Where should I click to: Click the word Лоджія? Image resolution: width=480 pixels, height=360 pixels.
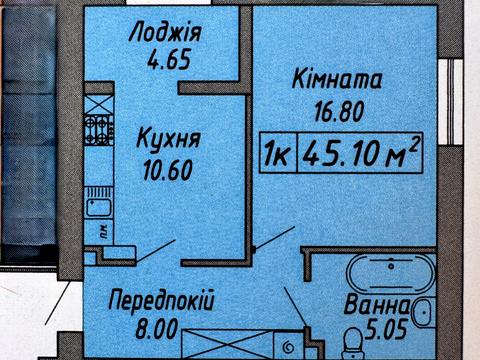166,33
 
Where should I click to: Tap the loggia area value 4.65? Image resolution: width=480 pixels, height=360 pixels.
166,58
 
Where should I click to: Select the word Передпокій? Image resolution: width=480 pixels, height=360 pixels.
161,301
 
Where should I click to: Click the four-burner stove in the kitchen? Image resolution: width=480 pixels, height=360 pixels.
100,128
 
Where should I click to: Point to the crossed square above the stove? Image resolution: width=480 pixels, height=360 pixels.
100,101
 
